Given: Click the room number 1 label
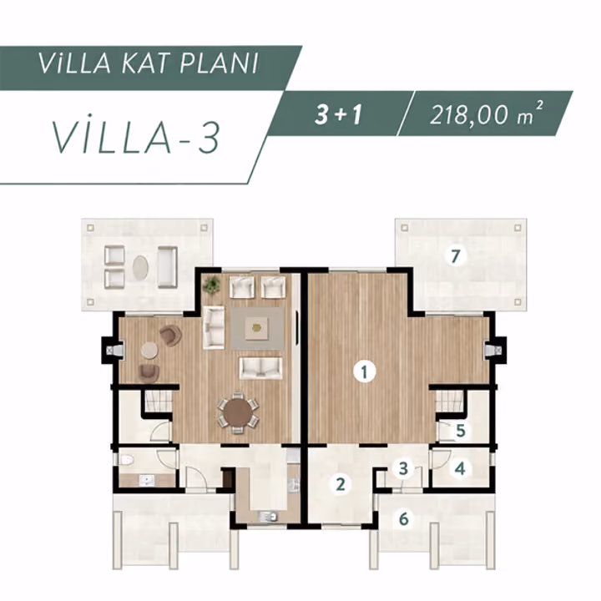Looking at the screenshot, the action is [x=364, y=371].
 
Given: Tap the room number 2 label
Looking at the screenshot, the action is [x=341, y=483].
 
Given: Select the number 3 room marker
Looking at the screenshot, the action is [x=403, y=468].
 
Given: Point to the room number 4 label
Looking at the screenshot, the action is [x=460, y=468].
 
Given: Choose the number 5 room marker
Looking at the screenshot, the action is [x=461, y=431].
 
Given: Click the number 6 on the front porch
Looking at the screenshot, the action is [x=404, y=519].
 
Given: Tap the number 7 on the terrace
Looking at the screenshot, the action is [x=456, y=256].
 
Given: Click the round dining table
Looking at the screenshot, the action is [x=238, y=413].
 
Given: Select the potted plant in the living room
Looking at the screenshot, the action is [x=211, y=285].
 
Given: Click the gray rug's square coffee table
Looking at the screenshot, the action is [x=257, y=328].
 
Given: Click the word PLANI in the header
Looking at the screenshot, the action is [x=219, y=63].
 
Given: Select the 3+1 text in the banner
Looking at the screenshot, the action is [x=338, y=114].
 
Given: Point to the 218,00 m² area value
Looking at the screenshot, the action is [x=486, y=114].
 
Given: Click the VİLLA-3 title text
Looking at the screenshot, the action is [x=136, y=136].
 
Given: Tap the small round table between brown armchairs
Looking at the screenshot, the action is [x=149, y=351].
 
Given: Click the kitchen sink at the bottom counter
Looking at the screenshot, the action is [x=268, y=517].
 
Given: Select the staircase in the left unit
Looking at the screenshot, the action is [x=158, y=401].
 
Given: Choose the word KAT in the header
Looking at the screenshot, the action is [x=145, y=63].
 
